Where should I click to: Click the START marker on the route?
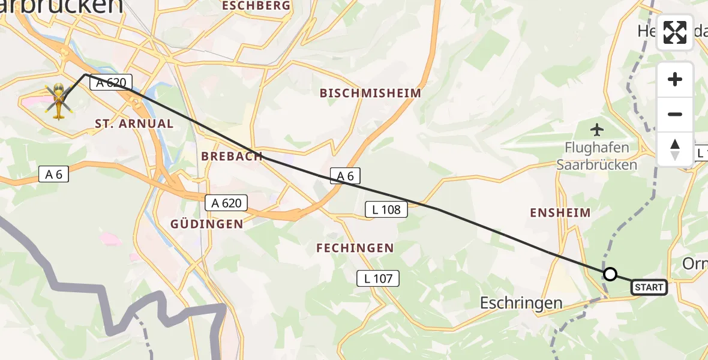(649, 287)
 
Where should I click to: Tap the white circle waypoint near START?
(610, 274)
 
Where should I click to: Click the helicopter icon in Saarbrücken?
(59, 101)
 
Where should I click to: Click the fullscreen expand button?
(675, 32)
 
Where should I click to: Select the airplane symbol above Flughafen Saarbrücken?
(597, 129)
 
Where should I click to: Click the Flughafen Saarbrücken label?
(600, 156)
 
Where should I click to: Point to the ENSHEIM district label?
(560, 212)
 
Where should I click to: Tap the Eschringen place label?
(521, 303)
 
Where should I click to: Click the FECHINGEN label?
(355, 248)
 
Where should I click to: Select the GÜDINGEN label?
(207, 224)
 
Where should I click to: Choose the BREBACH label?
(232, 156)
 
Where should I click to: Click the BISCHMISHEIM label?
(370, 93)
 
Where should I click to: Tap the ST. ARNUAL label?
(134, 124)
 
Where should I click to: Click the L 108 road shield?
(386, 209)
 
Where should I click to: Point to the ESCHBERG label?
(256, 6)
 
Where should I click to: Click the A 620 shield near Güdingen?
(227, 203)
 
